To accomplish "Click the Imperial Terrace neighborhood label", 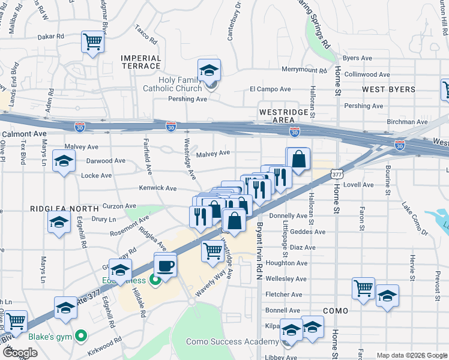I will pos(141,62).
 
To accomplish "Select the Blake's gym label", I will pos(56,337).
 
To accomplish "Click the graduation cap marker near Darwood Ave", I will pos(64,162).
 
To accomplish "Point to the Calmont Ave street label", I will pos(25,134).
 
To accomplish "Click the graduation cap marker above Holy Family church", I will pos(209,70).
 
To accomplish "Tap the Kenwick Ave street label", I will pos(157,188).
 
